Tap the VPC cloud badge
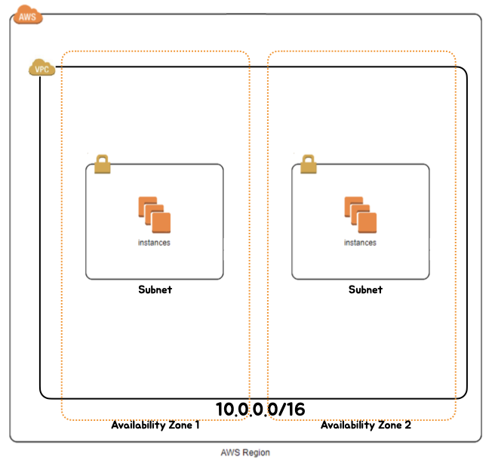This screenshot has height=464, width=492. (x=42, y=68)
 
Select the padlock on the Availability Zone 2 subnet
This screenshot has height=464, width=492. (x=307, y=163)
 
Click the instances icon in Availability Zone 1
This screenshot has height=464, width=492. (x=154, y=215)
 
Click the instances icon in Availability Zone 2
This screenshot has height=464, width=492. (x=360, y=215)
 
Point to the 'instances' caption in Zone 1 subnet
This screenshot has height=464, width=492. (x=154, y=243)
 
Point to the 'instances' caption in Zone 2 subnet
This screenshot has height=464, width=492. (x=360, y=243)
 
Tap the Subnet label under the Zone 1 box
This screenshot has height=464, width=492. (x=155, y=289)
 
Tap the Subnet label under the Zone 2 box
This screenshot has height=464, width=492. (x=365, y=289)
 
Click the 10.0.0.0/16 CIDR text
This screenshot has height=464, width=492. (x=260, y=409)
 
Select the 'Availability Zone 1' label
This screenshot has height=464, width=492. (x=155, y=425)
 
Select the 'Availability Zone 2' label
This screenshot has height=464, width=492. (x=366, y=425)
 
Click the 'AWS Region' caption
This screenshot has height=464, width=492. (x=245, y=453)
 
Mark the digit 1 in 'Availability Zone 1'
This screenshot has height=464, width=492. (x=197, y=425)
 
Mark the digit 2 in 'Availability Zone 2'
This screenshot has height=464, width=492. (x=407, y=425)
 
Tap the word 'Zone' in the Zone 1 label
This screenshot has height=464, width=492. (x=179, y=425)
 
